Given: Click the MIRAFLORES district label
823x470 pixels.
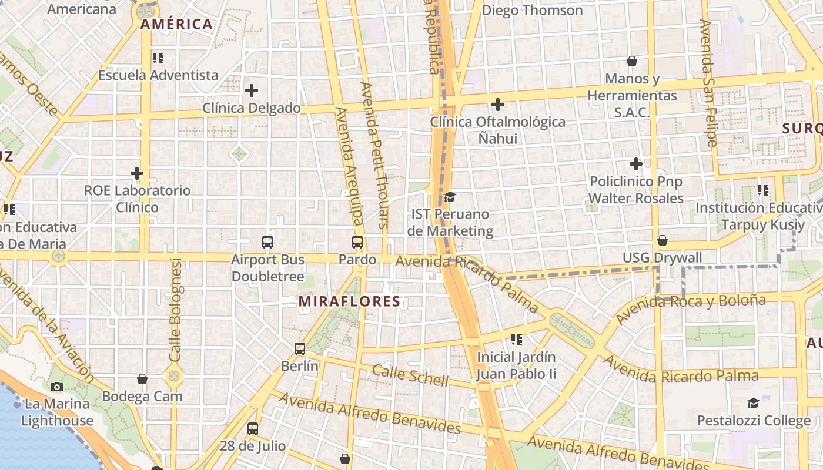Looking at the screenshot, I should click(349, 301).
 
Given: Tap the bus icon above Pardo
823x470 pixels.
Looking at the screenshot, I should click(357, 241).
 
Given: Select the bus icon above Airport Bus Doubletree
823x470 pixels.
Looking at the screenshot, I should click(267, 241).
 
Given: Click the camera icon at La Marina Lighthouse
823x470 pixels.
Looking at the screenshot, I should click(57, 387).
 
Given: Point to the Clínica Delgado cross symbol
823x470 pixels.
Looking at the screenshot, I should click(252, 90).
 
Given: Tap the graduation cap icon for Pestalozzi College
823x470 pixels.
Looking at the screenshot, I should click(753, 403).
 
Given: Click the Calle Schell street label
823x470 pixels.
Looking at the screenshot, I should click(410, 375).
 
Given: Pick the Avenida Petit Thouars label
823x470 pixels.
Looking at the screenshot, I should click(374, 155).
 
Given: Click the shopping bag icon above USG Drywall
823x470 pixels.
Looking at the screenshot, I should click(663, 240).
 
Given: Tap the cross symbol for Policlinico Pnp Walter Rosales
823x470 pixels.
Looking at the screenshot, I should click(635, 164).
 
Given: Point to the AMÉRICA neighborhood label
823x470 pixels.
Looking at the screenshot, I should click(176, 24).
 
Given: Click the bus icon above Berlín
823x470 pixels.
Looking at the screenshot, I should click(300, 348).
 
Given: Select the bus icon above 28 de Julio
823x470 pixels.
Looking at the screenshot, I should click(253, 428).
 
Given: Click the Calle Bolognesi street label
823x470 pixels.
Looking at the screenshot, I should click(175, 310).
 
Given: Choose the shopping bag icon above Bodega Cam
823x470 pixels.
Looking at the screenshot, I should click(142, 379).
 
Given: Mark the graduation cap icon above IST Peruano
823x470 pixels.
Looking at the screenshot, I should click(450, 197).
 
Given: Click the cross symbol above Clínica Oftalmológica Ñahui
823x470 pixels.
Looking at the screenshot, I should click(498, 105).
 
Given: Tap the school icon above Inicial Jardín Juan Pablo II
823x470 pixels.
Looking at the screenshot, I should click(517, 339).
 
